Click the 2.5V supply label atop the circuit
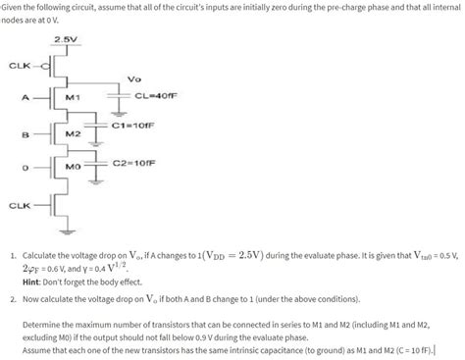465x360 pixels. click(67, 39)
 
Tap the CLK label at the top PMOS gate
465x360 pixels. click(19, 66)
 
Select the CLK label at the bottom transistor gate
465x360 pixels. click(19, 206)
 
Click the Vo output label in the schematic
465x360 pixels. click(134, 78)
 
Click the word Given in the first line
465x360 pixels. click(17, 7)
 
